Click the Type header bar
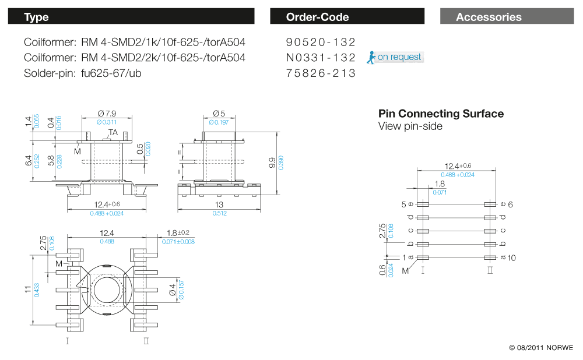pos(131,17)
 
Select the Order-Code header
pos(347,17)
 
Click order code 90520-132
pos(321,42)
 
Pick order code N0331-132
pos(321,58)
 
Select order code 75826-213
pos(321,73)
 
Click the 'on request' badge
pos(399,57)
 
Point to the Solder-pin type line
pos(83,73)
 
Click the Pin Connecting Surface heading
pos(441,114)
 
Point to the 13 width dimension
pos(219,204)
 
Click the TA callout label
pos(113,133)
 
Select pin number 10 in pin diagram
pos(511,257)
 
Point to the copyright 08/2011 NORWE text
pos(541,348)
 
